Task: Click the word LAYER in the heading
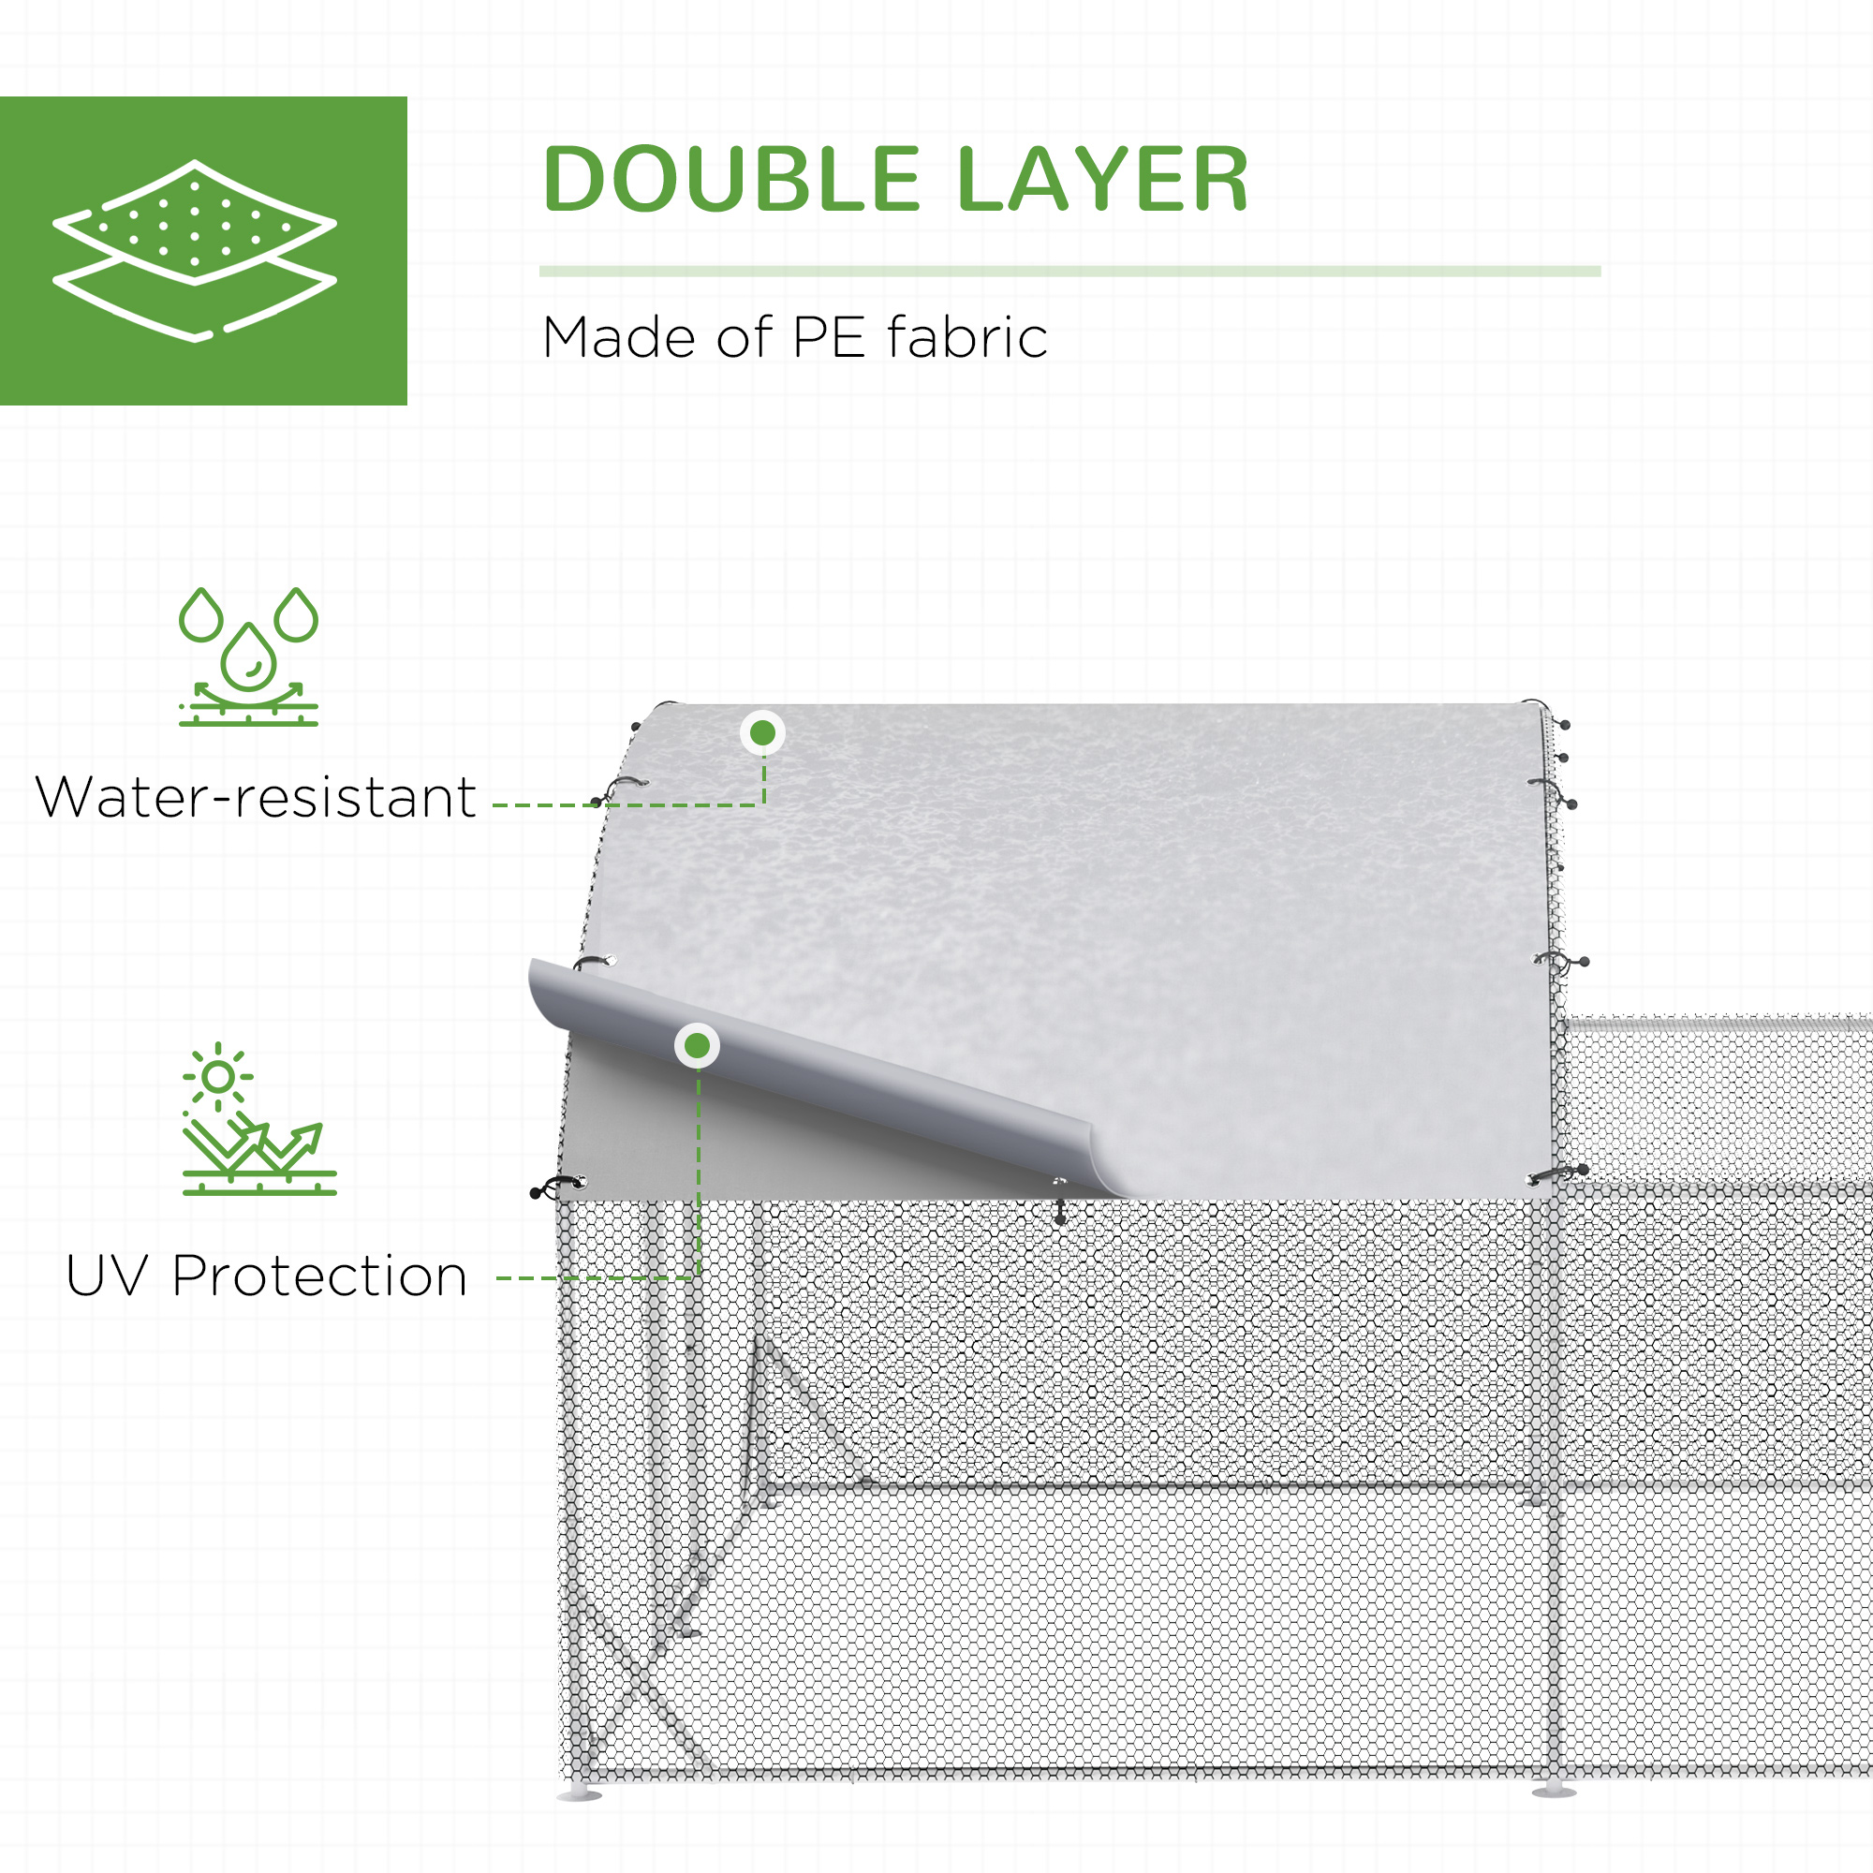tap(1102, 180)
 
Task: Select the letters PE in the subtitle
tap(829, 338)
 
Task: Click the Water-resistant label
tap(255, 798)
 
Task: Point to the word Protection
tap(320, 1276)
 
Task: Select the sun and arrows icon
tap(258, 1119)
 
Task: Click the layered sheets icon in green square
tap(195, 250)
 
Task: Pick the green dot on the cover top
tap(763, 733)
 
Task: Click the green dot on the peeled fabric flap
tap(697, 1046)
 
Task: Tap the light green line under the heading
tap(1069, 272)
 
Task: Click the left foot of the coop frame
tap(579, 1793)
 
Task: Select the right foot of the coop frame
tap(1554, 1791)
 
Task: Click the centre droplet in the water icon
tap(248, 659)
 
